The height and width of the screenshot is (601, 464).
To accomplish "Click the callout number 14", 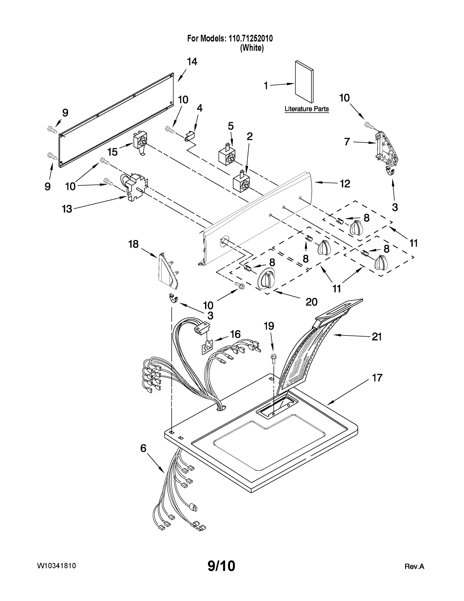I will click(192, 62).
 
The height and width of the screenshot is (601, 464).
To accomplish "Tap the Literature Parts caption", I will click(307, 109).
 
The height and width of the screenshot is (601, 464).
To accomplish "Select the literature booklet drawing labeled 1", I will click(304, 82).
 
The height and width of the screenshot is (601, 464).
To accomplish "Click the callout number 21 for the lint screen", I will click(376, 337).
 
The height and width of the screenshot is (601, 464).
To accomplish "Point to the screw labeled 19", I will click(273, 359).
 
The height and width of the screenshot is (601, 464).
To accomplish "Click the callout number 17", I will click(377, 378).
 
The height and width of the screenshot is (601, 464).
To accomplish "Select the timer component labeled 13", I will click(134, 186).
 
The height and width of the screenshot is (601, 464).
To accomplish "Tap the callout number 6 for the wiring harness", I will click(143, 448).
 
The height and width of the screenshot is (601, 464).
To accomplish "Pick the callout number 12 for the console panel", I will click(345, 184).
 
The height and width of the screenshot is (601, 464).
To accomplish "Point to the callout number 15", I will click(113, 152).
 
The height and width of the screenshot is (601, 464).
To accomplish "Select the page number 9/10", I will click(221, 566).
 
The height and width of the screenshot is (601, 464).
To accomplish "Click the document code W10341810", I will click(57, 566).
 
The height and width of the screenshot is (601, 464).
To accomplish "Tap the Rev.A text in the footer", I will click(414, 566).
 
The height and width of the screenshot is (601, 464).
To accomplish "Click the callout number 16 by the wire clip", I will click(235, 334).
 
